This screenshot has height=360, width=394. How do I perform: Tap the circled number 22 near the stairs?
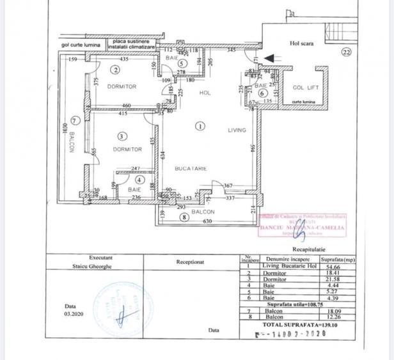click(346, 53)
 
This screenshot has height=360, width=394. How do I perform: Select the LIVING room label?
click(237, 130)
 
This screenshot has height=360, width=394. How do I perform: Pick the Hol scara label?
click(299, 43)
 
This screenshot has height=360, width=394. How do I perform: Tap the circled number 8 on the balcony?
click(185, 217)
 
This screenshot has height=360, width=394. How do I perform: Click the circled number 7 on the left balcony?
click(75, 120)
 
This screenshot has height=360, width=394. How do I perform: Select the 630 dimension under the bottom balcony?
click(207, 222)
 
